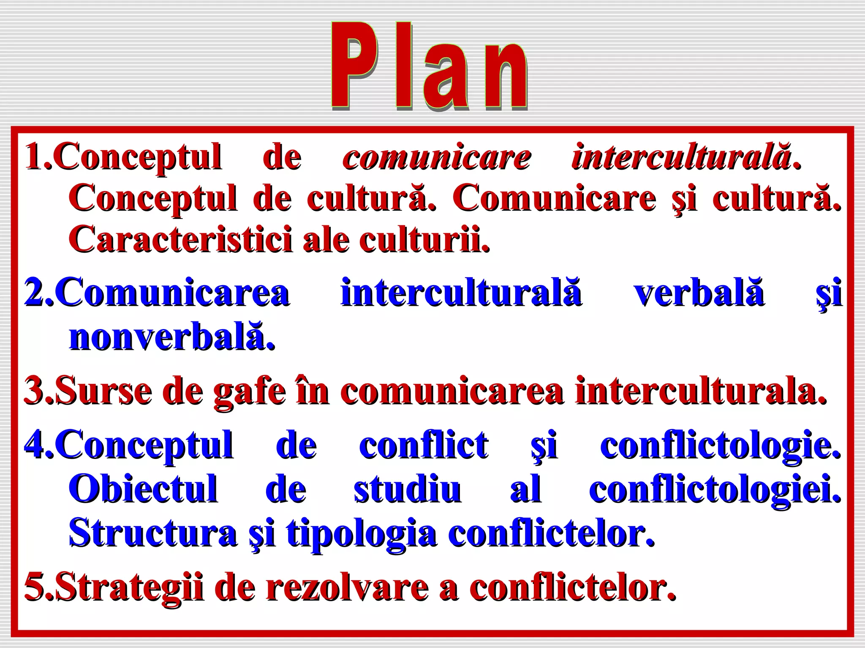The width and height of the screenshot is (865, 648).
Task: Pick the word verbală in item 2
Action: click(699, 292)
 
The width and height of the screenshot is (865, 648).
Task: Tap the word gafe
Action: click(249, 391)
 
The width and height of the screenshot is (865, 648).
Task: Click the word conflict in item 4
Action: click(424, 445)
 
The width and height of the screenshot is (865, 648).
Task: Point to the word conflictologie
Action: click(720, 445)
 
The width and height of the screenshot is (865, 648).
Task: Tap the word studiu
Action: click(407, 489)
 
